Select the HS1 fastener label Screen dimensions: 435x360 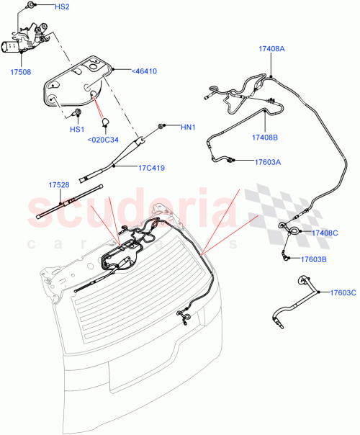76,129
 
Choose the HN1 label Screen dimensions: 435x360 188,128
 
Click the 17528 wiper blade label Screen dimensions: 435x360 59,185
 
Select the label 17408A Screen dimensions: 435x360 272,48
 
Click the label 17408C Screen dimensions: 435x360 325,233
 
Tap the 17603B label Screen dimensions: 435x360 314,259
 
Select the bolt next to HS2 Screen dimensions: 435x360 32,6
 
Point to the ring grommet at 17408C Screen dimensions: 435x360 295,230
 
